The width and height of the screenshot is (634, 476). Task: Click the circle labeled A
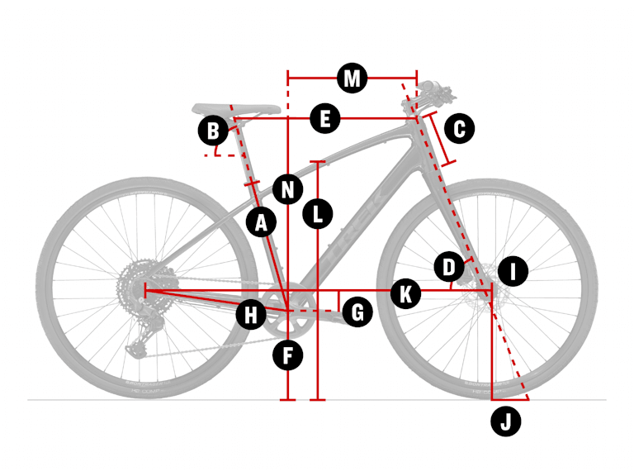click(x=262, y=222)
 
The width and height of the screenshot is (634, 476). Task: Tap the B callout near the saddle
click(x=213, y=131)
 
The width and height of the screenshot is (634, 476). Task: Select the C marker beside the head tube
click(x=459, y=128)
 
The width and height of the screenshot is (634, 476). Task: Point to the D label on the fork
click(x=449, y=267)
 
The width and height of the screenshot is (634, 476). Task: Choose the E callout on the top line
click(x=325, y=119)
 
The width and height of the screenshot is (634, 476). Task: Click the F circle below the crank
click(x=288, y=356)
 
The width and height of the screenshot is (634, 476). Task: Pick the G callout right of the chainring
click(x=357, y=312)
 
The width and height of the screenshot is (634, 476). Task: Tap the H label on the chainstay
click(x=250, y=313)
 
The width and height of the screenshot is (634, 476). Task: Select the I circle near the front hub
click(x=513, y=270)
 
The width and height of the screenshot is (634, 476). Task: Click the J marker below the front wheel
click(x=506, y=421)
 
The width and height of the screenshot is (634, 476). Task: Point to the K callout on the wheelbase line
click(x=405, y=293)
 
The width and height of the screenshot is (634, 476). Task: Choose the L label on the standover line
click(x=318, y=214)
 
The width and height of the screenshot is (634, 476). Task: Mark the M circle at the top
click(x=352, y=79)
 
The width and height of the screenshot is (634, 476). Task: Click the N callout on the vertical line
click(x=287, y=189)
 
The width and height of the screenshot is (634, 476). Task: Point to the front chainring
click(x=285, y=312)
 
